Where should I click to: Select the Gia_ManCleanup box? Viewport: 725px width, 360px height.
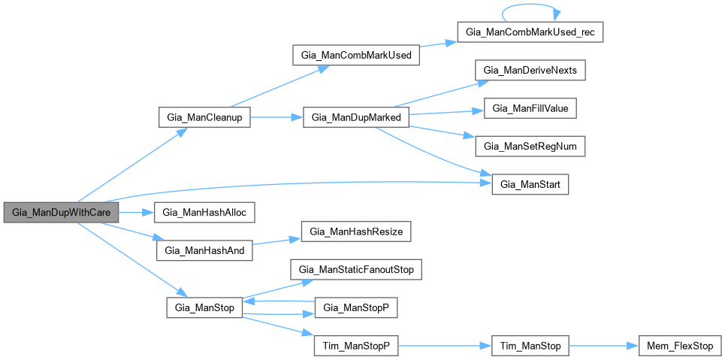tap(204, 119)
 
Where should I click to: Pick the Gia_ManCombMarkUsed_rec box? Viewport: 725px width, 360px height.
tap(530, 34)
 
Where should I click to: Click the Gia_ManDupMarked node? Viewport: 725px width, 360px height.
tap(355, 119)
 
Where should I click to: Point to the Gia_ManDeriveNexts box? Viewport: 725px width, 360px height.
tap(530, 71)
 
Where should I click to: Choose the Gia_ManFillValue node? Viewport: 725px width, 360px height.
tap(530, 108)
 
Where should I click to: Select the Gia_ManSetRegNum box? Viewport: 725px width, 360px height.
tap(530, 146)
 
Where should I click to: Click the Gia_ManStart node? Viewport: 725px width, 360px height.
tap(530, 184)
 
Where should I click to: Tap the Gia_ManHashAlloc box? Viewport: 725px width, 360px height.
tap(204, 213)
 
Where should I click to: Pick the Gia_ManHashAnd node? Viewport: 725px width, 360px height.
tap(204, 250)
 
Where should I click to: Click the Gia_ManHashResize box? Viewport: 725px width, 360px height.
tap(355, 231)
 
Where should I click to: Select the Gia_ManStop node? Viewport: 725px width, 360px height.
tap(204, 307)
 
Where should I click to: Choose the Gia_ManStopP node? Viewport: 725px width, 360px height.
tap(355, 307)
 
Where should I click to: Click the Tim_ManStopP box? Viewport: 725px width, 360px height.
tap(355, 346)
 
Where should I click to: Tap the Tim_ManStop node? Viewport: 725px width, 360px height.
tap(530, 346)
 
